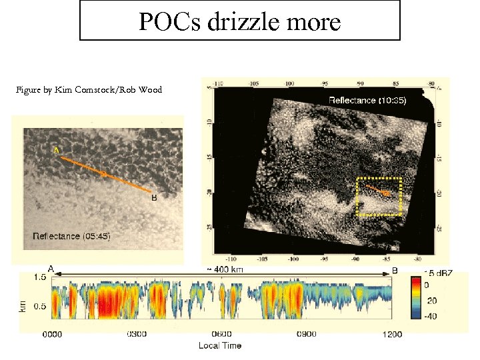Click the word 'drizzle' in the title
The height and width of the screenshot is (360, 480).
coord(242,22)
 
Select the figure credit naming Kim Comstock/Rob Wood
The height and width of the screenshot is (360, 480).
coord(90,90)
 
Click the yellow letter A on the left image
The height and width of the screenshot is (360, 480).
coord(57,151)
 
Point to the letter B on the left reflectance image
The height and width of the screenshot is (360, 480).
coord(154,198)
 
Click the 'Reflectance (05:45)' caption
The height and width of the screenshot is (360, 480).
coord(71,236)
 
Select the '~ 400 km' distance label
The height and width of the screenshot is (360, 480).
coord(225,269)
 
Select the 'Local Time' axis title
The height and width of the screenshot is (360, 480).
coord(220,345)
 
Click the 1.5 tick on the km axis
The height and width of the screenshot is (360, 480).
coord(40,277)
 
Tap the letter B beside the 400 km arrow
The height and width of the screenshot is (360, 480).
coord(395,270)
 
